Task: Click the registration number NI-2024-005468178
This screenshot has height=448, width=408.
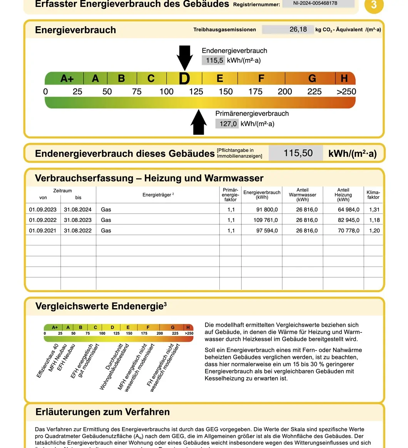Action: point(318,3)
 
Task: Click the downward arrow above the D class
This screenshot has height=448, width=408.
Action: point(185,57)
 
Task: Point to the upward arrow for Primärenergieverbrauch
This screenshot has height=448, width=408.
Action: point(199,122)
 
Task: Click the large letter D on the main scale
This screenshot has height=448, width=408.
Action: point(184,79)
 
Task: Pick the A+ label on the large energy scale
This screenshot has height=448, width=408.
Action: point(67,79)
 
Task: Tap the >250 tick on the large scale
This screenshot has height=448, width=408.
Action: point(346,92)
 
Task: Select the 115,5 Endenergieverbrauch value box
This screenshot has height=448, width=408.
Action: point(213,60)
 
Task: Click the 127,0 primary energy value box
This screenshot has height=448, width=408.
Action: point(227,124)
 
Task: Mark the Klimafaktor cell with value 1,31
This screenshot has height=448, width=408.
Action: point(374,210)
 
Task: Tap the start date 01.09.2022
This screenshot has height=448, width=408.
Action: point(43,220)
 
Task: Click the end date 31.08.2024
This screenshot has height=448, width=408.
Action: point(78,210)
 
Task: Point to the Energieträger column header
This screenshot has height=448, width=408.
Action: point(158,195)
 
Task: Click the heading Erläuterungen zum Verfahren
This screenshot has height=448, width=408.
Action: point(102,412)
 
